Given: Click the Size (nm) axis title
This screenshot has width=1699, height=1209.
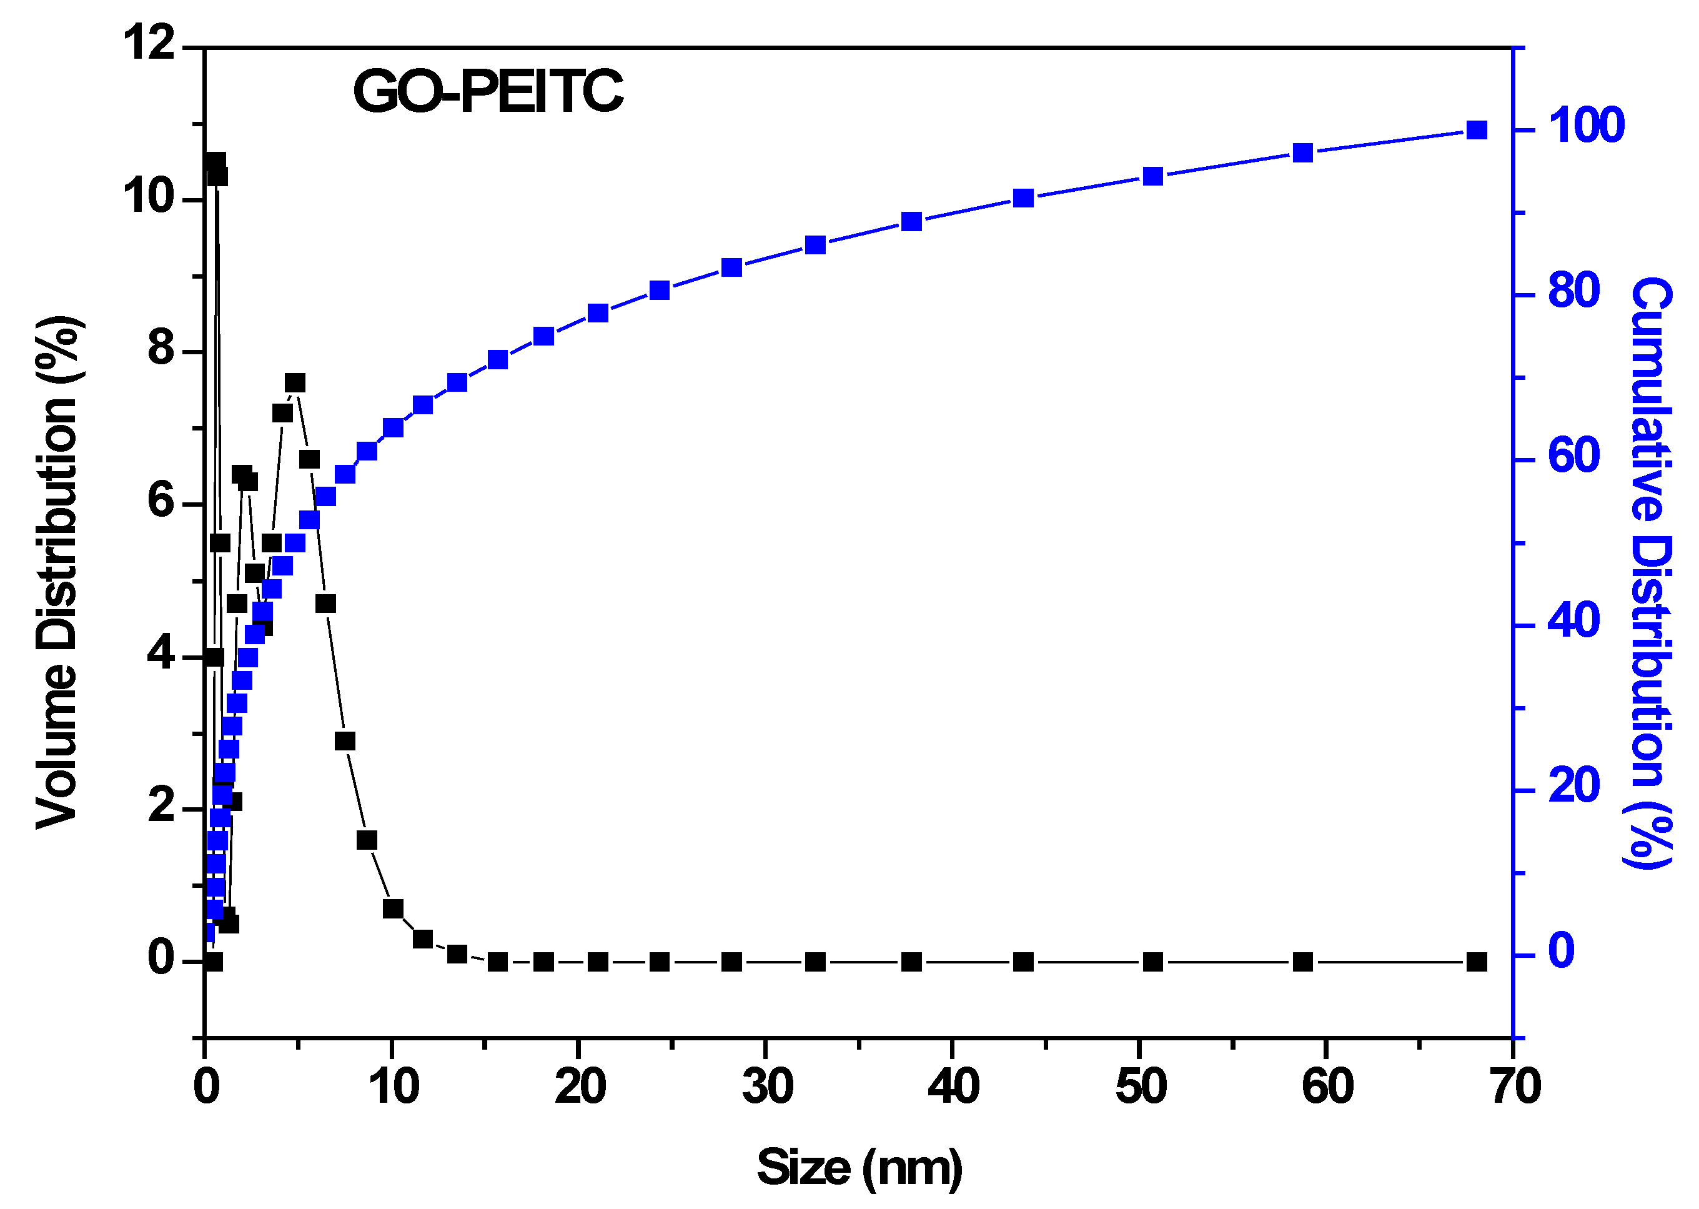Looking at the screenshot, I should tap(859, 1167).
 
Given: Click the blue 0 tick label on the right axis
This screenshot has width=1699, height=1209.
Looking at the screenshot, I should tap(1562, 951).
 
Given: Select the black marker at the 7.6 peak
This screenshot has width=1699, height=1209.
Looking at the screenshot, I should tap(295, 382).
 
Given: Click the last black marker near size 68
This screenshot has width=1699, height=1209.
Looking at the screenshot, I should tap(1477, 962).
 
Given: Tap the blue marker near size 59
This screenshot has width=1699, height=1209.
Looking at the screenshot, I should tap(1302, 152).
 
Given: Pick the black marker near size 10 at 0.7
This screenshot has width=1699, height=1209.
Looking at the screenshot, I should tap(393, 909).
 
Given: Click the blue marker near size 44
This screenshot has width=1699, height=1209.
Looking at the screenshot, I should tap(1023, 198).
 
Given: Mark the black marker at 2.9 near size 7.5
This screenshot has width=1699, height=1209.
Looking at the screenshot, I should tap(345, 741).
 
